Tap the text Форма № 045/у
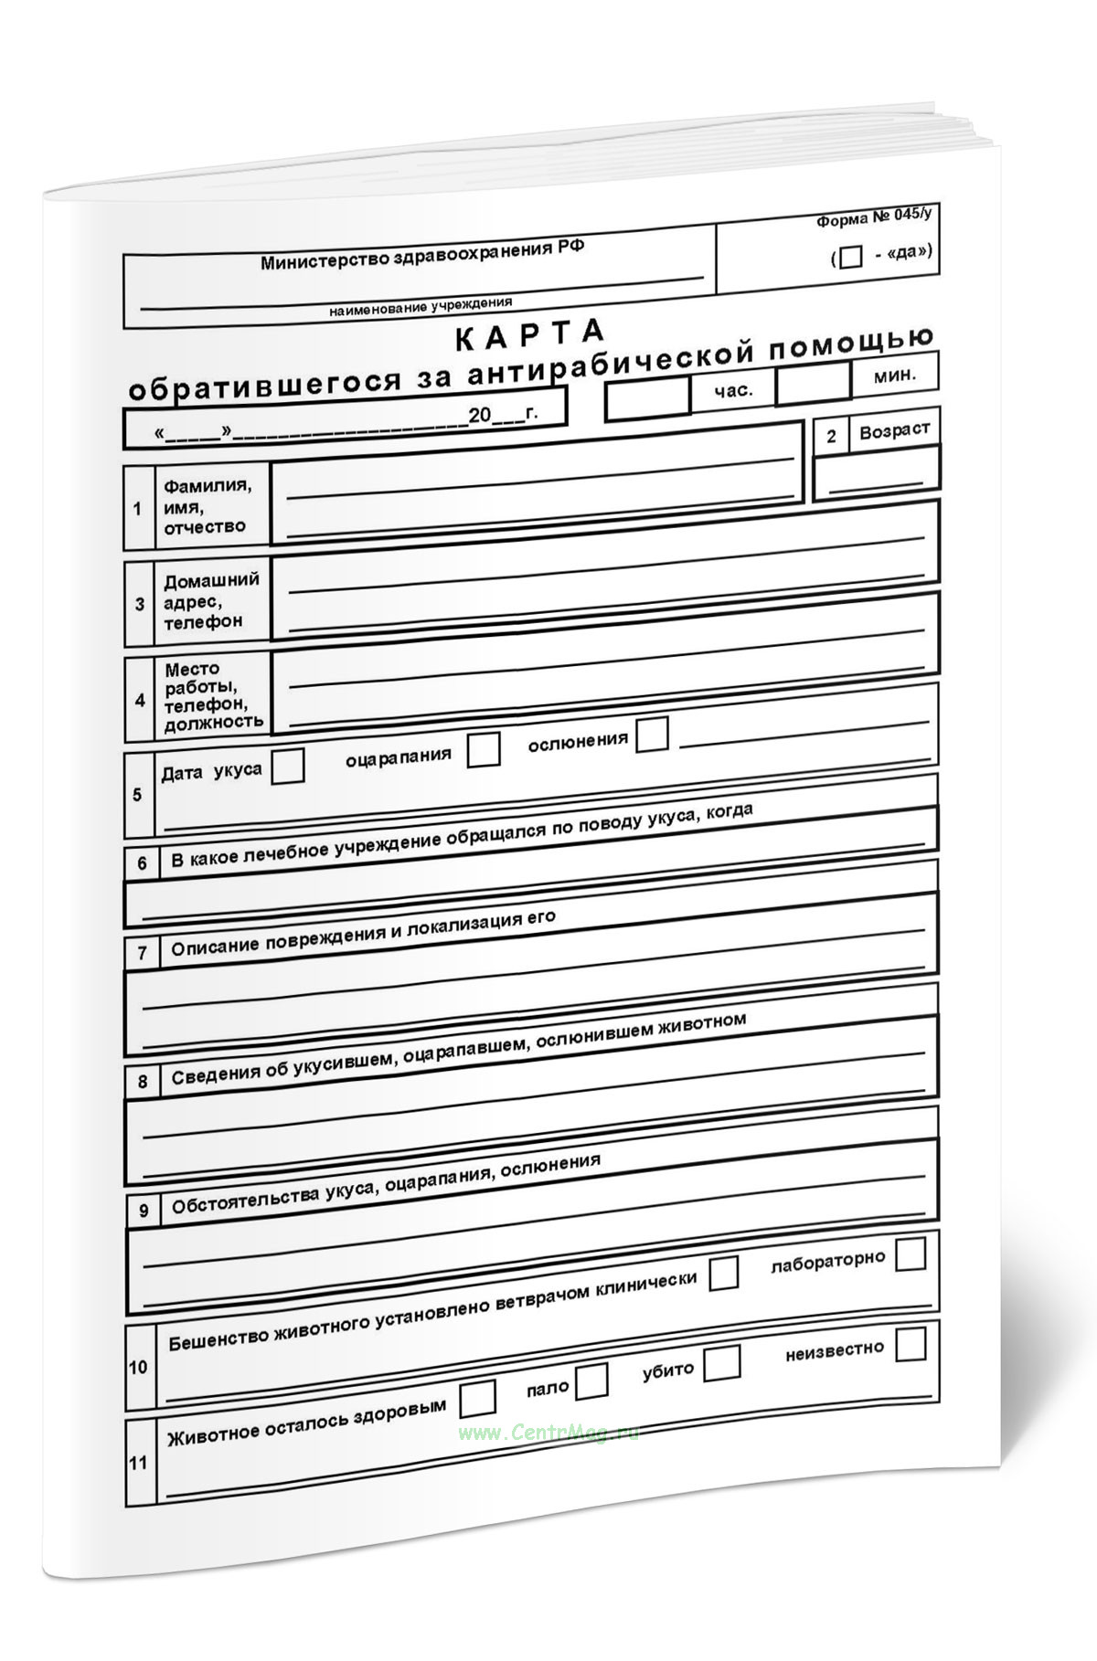click(x=874, y=217)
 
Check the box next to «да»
click(x=850, y=258)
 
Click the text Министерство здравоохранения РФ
click(x=422, y=256)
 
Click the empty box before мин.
click(x=813, y=384)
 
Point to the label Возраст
click(x=894, y=430)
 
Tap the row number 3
click(x=140, y=604)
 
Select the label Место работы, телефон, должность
click(x=213, y=696)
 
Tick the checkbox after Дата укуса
click(x=288, y=766)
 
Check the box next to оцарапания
click(x=484, y=749)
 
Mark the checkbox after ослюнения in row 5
click(x=652, y=734)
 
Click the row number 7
click(x=142, y=954)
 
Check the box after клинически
click(x=723, y=1273)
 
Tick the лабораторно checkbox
click(x=911, y=1254)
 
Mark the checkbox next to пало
click(x=591, y=1381)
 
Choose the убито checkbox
click(x=722, y=1362)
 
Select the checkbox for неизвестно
click(x=911, y=1344)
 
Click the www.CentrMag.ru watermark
click(x=548, y=1433)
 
